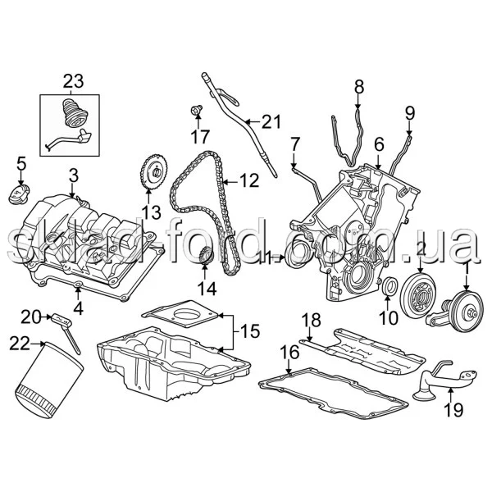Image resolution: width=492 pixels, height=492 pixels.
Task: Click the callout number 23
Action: pyautogui.click(x=74, y=81)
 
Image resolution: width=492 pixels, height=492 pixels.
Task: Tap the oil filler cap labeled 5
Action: pyautogui.click(x=19, y=195)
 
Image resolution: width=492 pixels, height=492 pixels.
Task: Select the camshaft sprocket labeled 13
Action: pyautogui.click(x=154, y=172)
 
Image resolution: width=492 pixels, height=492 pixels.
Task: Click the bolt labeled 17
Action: pyautogui.click(x=197, y=111)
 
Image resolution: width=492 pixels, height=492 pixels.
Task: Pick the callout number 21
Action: pyautogui.click(x=271, y=121)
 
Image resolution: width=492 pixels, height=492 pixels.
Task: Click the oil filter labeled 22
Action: pyautogui.click(x=48, y=380)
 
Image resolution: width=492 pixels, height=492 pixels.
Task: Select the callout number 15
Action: pyautogui.click(x=250, y=331)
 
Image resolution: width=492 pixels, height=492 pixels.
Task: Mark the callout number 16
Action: pyautogui.click(x=289, y=353)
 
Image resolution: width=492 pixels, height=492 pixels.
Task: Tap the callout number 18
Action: pyautogui.click(x=312, y=321)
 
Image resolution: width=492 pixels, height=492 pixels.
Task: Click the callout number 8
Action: pyautogui.click(x=359, y=87)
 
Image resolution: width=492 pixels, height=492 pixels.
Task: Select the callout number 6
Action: pyautogui.click(x=379, y=145)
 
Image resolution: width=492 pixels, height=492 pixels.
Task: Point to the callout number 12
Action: pyautogui.click(x=249, y=181)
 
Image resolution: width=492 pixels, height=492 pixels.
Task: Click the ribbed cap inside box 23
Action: pyautogui.click(x=75, y=113)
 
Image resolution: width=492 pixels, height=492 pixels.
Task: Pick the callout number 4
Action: pyautogui.click(x=78, y=309)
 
